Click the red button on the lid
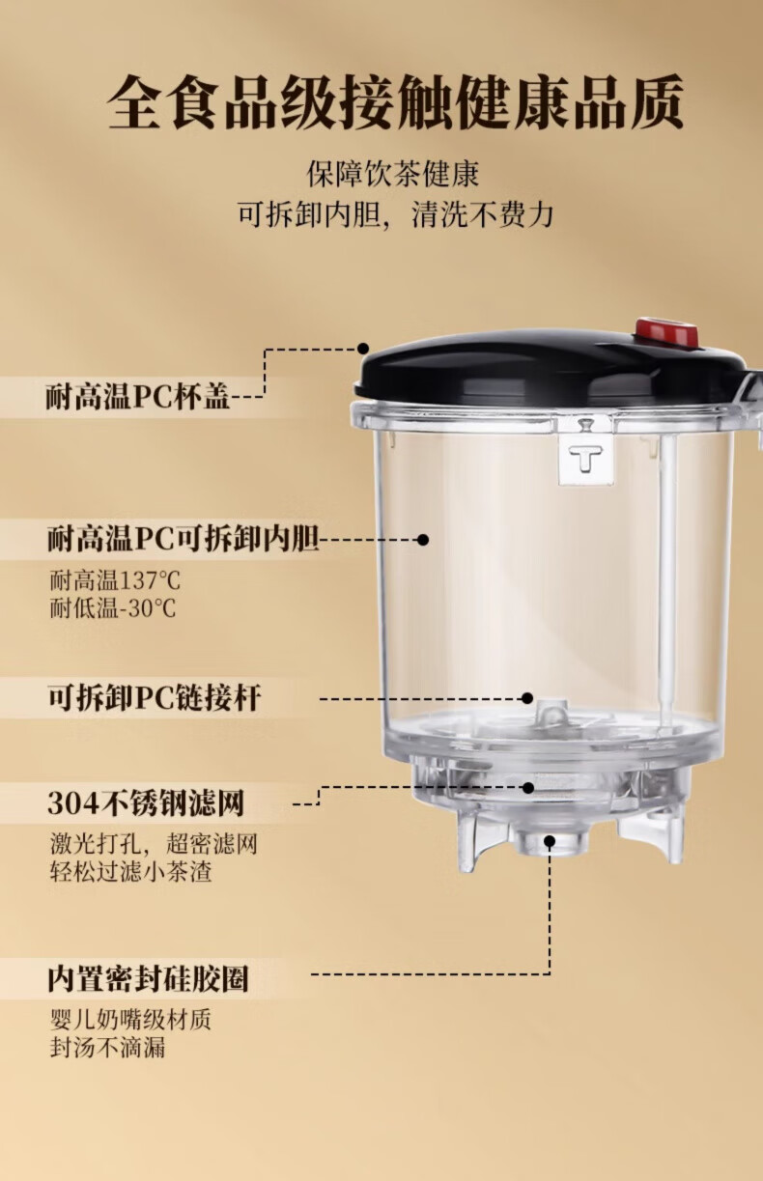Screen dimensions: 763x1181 coord(666,333)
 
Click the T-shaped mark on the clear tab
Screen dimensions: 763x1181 coord(585,458)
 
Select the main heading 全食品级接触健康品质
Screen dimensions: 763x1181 coord(395,102)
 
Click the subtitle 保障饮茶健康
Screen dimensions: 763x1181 coord(393,174)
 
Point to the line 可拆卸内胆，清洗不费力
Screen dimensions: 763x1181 coord(395,214)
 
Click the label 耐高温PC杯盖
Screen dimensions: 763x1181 coord(138,397)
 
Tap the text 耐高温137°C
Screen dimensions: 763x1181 coord(116,580)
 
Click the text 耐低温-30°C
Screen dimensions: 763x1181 coord(113,608)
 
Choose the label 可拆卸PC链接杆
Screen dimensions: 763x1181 coord(155,697)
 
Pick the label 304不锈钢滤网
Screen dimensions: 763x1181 coord(146,803)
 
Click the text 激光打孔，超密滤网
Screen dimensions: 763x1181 coord(154,844)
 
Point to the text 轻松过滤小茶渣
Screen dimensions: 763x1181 coord(130,871)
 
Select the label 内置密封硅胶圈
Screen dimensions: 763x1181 coord(148,979)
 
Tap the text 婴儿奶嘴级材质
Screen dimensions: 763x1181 coord(130,1019)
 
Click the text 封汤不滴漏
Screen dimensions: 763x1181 coord(107,1047)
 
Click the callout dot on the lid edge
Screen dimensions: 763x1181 coord(363,348)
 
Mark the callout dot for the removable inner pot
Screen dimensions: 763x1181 coord(423,540)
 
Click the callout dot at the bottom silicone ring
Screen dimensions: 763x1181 coord(550,840)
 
